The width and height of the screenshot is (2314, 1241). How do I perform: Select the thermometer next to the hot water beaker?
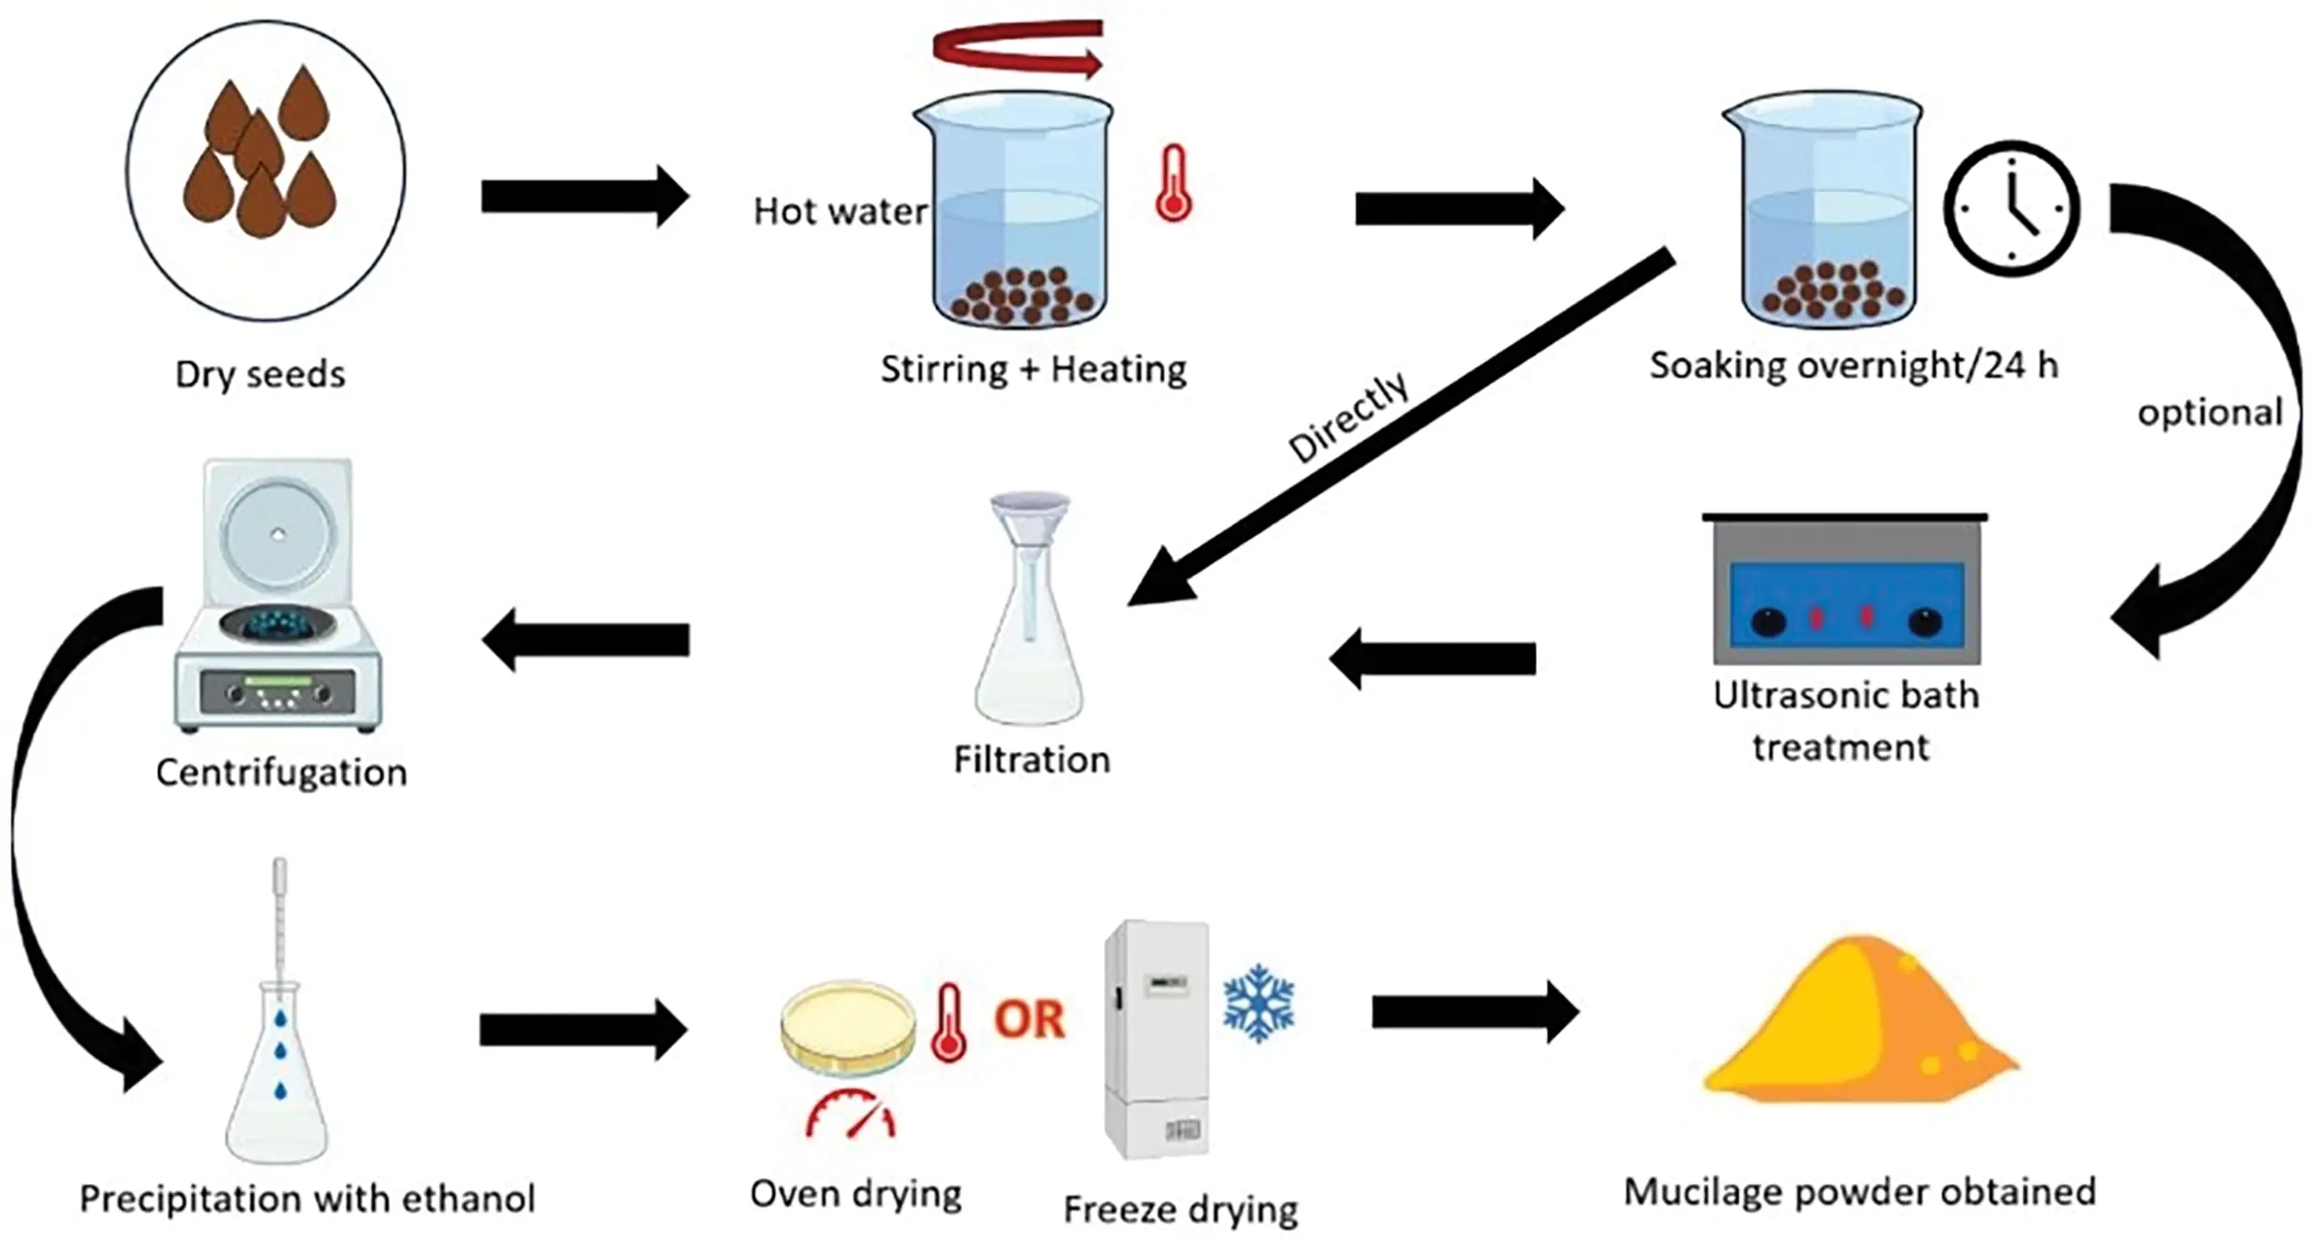(1172, 184)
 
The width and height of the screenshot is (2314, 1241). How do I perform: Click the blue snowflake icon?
(1258, 1003)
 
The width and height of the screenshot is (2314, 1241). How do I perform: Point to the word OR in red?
(1028, 1019)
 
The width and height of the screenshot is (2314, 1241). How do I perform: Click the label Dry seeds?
(260, 374)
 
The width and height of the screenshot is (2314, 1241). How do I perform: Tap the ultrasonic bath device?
(1846, 591)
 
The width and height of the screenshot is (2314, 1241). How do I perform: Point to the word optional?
(2210, 412)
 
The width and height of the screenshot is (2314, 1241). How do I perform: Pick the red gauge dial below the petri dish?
(851, 1115)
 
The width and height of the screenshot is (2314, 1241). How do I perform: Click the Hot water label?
(840, 211)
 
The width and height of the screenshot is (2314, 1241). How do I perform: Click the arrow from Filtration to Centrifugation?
(586, 640)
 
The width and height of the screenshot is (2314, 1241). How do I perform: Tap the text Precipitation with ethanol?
(308, 1198)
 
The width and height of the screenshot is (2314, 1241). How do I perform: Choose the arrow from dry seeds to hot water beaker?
(585, 196)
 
